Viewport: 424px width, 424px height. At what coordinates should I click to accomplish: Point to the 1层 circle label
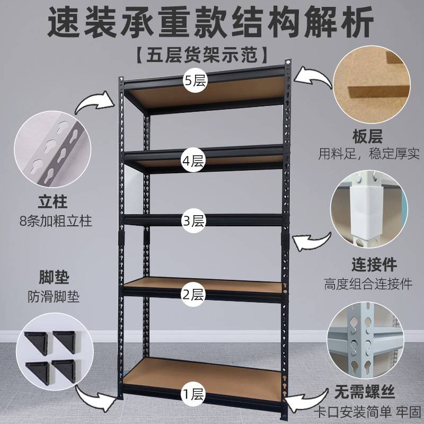193,394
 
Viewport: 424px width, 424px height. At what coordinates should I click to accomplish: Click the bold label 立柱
54,202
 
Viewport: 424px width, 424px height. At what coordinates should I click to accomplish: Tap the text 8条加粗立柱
54,220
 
